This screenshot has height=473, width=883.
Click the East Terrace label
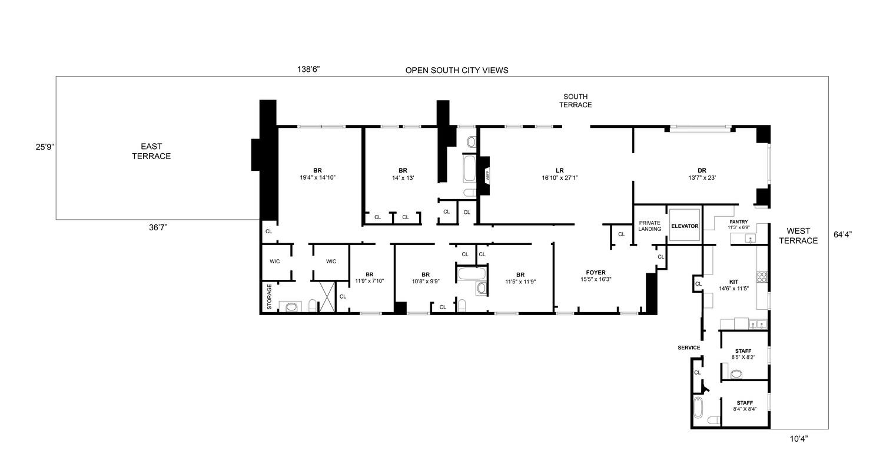[151, 151]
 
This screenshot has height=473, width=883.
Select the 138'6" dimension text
[308, 70]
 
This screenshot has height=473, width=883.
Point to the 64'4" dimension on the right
[843, 234]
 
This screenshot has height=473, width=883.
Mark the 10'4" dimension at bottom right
[798, 438]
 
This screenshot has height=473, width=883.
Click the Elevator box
[685, 226]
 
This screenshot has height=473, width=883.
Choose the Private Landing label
[650, 226]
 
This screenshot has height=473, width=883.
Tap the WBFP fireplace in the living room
[487, 175]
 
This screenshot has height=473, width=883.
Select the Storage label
[270, 297]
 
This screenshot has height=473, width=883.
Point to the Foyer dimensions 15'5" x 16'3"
[596, 279]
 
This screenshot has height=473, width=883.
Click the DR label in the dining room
[702, 170]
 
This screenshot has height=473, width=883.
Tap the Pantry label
[738, 222]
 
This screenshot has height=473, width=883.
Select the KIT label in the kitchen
[733, 282]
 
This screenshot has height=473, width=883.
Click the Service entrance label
[689, 348]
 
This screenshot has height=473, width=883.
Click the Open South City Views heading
[456, 70]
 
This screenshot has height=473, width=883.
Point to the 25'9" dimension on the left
[44, 147]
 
